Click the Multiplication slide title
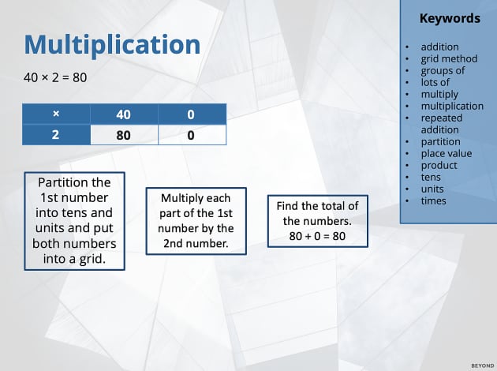[112, 44]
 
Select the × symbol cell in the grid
[55, 114]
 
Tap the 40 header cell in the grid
[123, 114]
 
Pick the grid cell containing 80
[123, 135]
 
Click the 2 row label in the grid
[55, 135]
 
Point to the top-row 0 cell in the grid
[191, 114]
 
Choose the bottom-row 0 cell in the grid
[191, 135]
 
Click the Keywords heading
[450, 18]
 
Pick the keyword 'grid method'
[449, 58]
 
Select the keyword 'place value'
[447, 153]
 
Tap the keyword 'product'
[439, 165]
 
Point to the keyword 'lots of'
[435, 82]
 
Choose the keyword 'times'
[433, 200]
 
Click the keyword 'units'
[432, 189]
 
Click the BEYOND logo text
[481, 365]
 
